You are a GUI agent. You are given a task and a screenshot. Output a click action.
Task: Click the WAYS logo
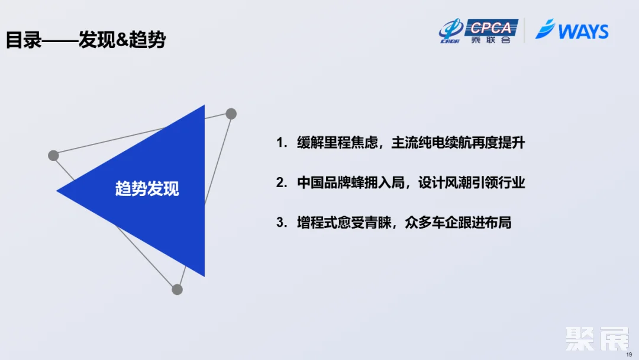[x=572, y=30]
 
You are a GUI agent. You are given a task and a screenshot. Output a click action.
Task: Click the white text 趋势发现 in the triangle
[x=147, y=189]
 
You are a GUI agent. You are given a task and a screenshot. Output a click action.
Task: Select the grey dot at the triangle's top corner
[x=231, y=114]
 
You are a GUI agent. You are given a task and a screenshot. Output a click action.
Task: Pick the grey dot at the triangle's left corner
[x=53, y=155]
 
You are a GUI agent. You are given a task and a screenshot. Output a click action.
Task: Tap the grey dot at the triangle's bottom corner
[x=177, y=289]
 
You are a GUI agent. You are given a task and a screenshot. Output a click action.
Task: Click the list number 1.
[x=280, y=143]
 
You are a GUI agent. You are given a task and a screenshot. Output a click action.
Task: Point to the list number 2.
[x=280, y=183]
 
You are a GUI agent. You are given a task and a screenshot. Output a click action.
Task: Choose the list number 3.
[x=280, y=223]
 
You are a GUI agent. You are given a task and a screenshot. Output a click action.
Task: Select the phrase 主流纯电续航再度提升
[x=458, y=143]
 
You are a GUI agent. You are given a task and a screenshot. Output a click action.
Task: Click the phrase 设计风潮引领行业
[x=472, y=183]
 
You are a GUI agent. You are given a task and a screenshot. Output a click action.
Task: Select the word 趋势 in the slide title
[x=148, y=40]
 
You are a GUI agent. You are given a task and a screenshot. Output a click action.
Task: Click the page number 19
[x=629, y=354]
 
